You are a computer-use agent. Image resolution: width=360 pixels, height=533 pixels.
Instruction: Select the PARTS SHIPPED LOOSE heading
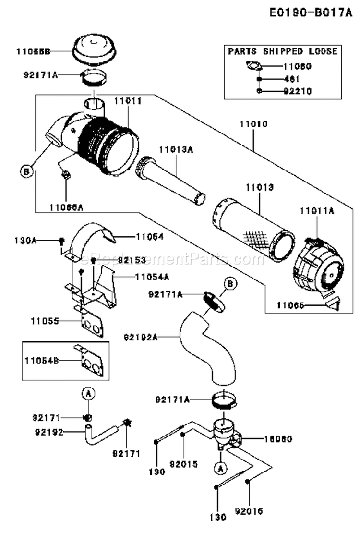coord(282,51)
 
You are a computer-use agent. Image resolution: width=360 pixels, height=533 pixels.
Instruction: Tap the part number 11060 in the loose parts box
coord(298,67)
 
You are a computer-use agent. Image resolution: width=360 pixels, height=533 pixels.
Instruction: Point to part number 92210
coord(298,91)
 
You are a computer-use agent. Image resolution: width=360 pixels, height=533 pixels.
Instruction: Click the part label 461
coord(291,79)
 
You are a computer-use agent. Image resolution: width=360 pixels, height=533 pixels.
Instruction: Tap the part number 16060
coord(278,438)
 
